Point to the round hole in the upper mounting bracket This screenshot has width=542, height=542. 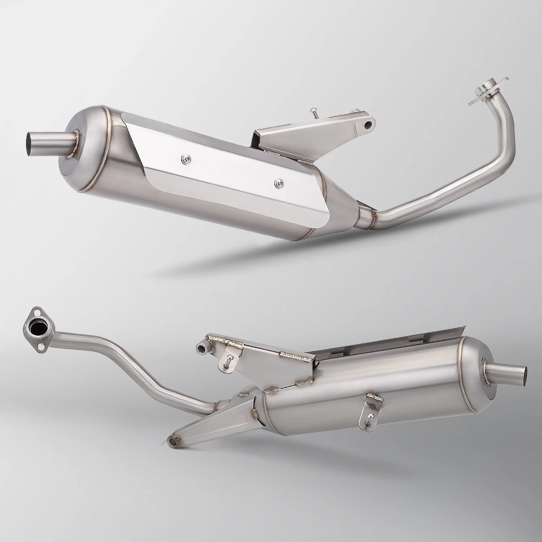pos(368,125)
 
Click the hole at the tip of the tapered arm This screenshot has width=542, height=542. pos(173,442)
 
